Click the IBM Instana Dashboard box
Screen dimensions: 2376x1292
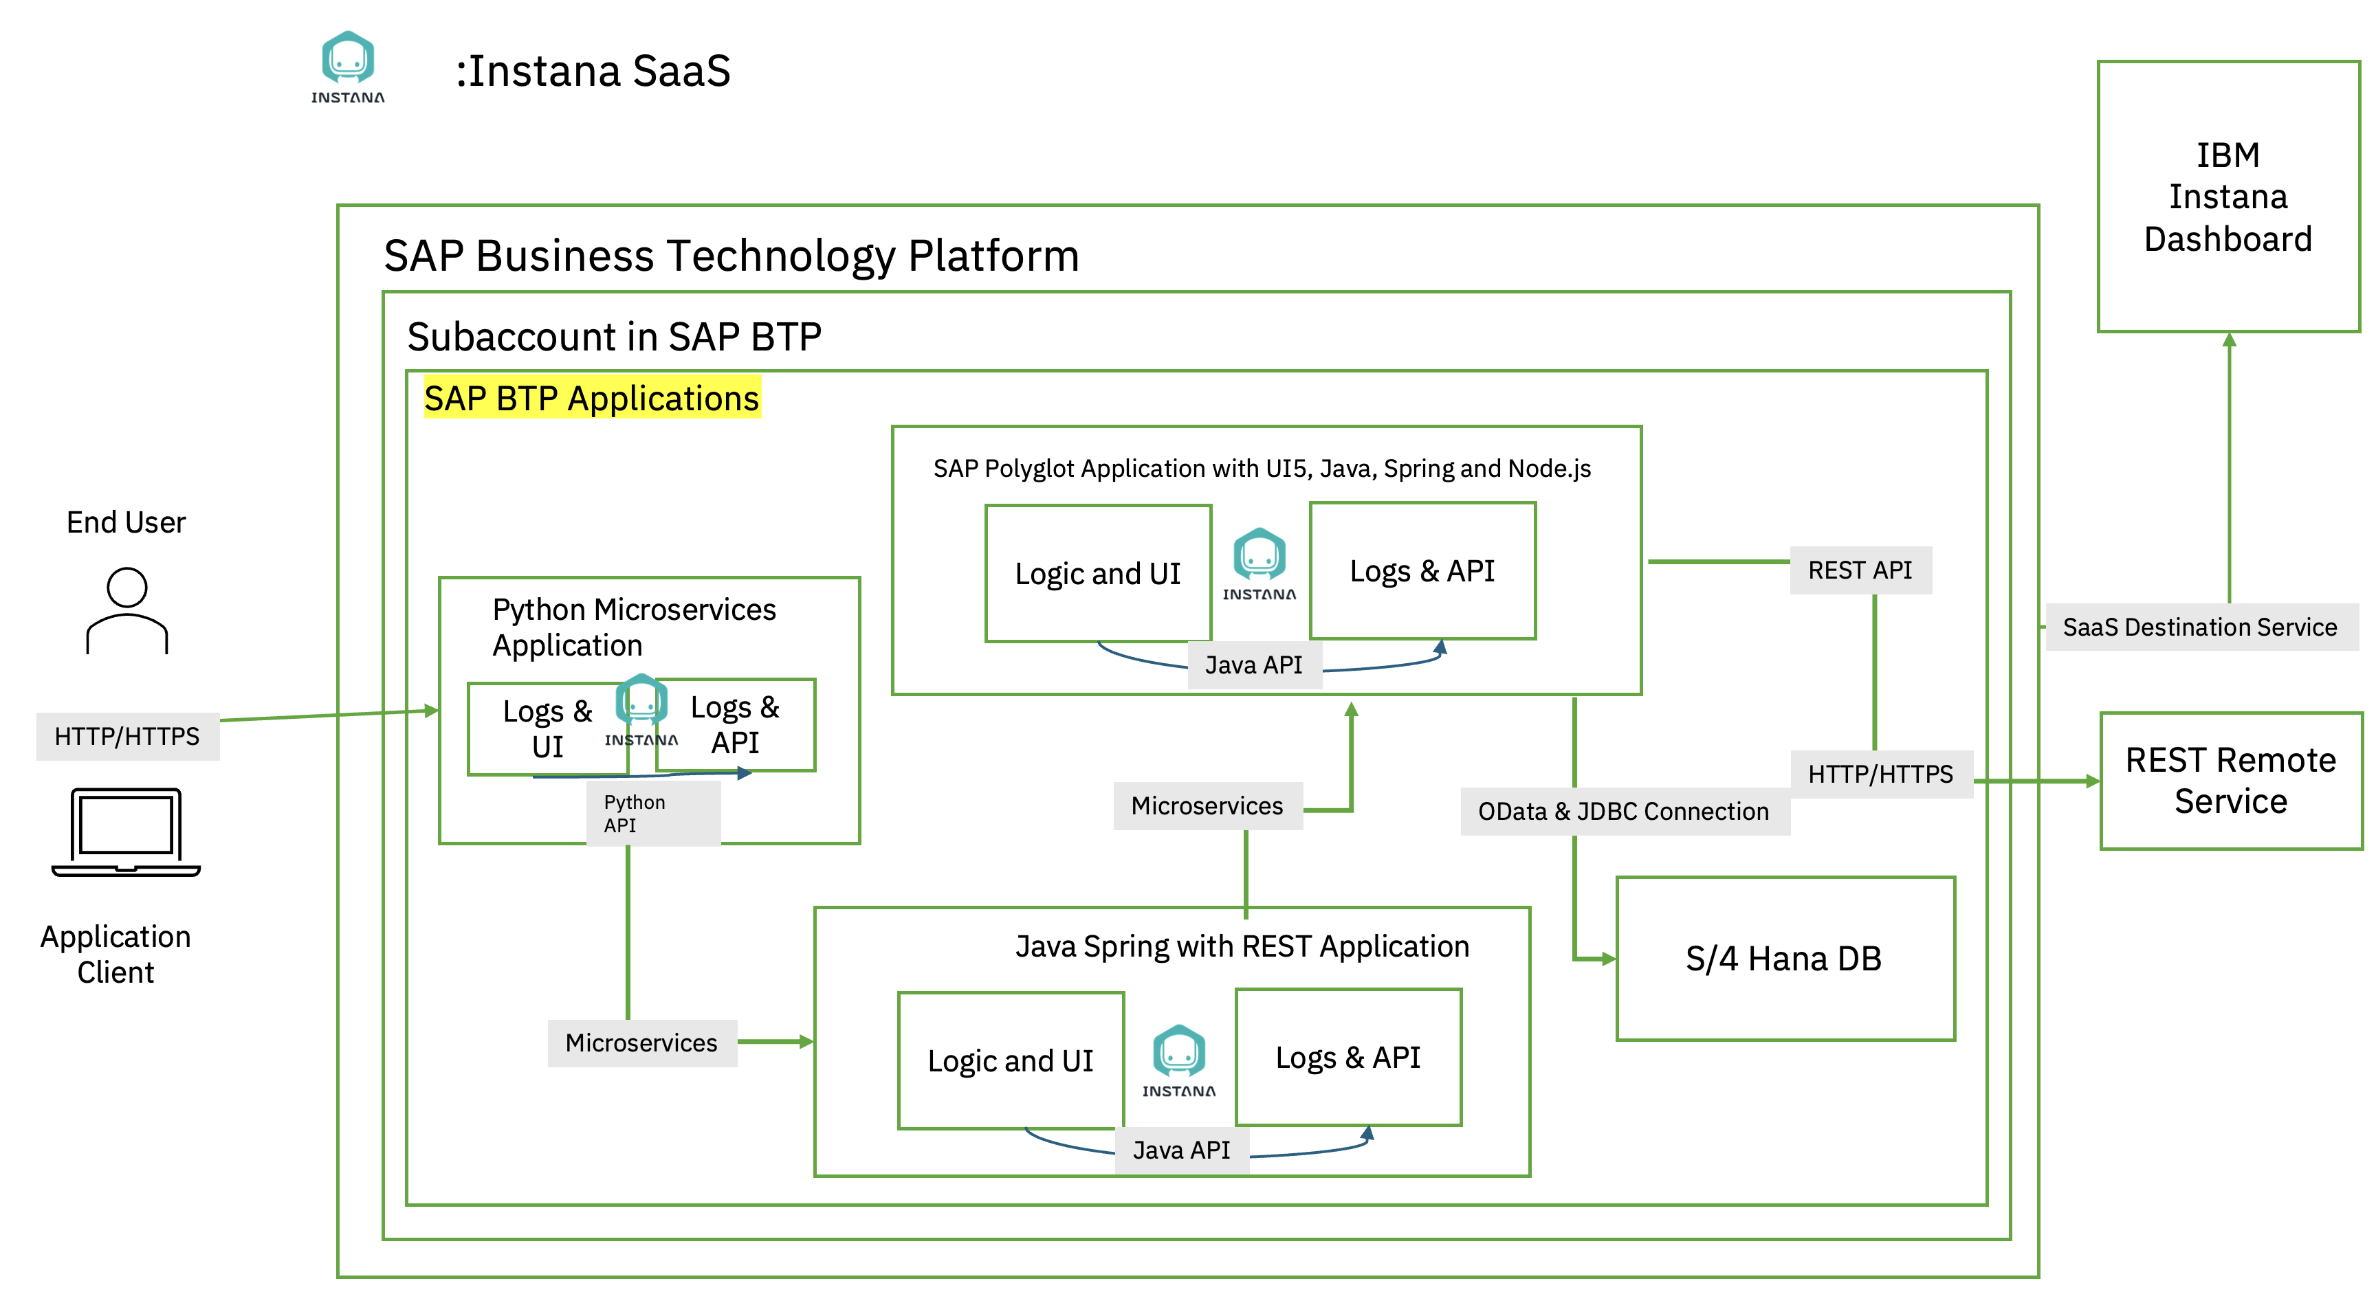point(2227,197)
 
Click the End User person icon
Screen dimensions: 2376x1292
point(127,610)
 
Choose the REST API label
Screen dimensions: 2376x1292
point(1860,570)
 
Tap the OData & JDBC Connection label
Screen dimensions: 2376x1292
point(1625,812)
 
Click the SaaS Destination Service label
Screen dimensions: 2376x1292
point(2200,627)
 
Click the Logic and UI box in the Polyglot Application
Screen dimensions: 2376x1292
point(1098,572)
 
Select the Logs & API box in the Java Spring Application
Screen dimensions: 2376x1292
point(1347,1057)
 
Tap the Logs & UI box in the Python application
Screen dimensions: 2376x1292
point(548,728)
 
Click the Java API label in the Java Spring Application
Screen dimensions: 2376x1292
point(1182,1150)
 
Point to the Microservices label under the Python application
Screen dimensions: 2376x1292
point(642,1043)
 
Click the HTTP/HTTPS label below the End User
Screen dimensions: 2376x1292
point(127,736)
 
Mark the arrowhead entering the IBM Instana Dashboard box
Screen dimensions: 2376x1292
point(2230,339)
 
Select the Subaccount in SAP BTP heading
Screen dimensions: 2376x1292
point(615,337)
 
